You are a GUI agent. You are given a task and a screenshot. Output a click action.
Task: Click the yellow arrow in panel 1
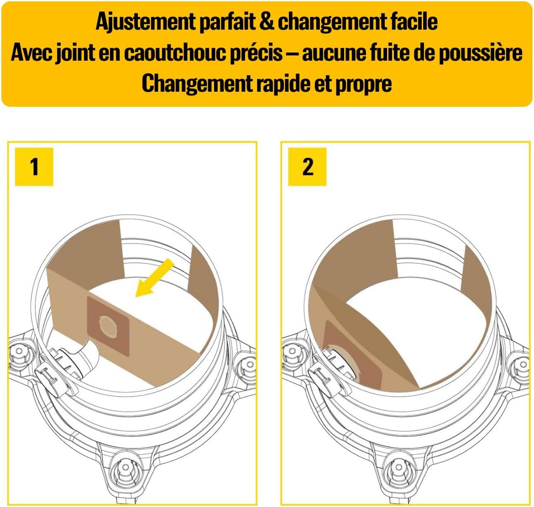pos(155,277)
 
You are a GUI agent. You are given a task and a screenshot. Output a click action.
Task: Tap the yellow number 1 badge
pos(34,167)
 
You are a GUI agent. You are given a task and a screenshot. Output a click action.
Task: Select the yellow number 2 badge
pos(307,167)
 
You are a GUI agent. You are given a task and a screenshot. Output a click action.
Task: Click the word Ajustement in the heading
pos(146,22)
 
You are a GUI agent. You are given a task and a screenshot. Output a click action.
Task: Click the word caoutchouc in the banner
pos(203,53)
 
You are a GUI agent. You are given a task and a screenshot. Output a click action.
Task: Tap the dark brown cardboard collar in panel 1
pos(108,326)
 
